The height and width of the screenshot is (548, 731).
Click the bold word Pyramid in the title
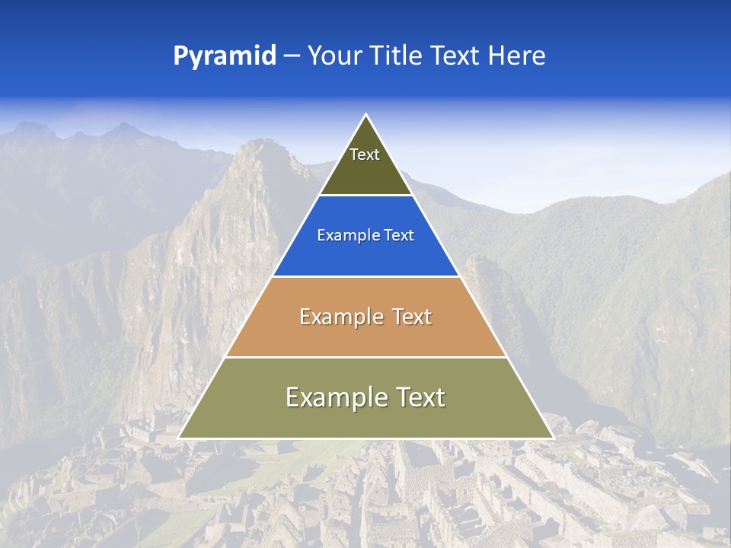click(x=225, y=56)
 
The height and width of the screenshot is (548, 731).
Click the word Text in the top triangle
click(x=365, y=155)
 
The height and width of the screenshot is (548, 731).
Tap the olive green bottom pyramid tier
click(x=365, y=419)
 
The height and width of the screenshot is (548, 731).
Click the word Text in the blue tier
click(x=399, y=236)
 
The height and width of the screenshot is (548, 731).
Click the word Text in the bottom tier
click(x=418, y=397)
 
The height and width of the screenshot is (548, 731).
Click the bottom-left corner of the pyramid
click(x=180, y=438)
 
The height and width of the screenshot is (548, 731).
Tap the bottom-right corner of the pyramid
click(x=552, y=438)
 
